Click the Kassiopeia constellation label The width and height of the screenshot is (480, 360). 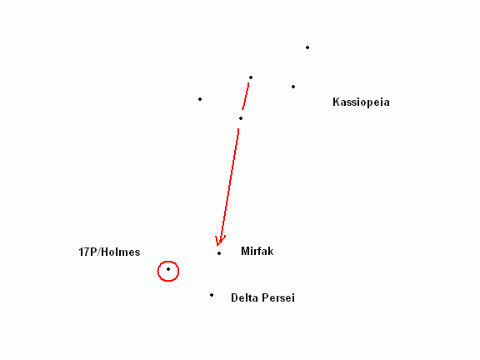point(361,102)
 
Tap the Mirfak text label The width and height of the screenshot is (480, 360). point(257,251)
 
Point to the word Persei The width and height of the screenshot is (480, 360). point(277,297)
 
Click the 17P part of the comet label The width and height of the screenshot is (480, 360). point(88,252)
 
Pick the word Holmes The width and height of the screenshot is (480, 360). point(121,252)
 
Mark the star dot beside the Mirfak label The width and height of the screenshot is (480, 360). point(219,253)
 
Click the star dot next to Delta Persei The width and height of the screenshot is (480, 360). point(212,295)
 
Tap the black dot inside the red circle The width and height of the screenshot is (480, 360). point(168,269)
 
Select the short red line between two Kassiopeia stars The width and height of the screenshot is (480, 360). point(246,96)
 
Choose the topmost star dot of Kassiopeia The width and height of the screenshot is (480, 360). point(307,47)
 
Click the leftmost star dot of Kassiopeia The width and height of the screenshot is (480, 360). point(200,99)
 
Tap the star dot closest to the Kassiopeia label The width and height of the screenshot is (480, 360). point(293,87)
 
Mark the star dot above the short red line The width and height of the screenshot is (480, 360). point(251,77)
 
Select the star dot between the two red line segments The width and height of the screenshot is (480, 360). point(241,118)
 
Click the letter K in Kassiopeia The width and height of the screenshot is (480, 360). point(336,102)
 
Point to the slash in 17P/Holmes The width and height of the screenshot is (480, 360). point(99,252)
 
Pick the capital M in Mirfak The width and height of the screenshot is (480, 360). point(245,251)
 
